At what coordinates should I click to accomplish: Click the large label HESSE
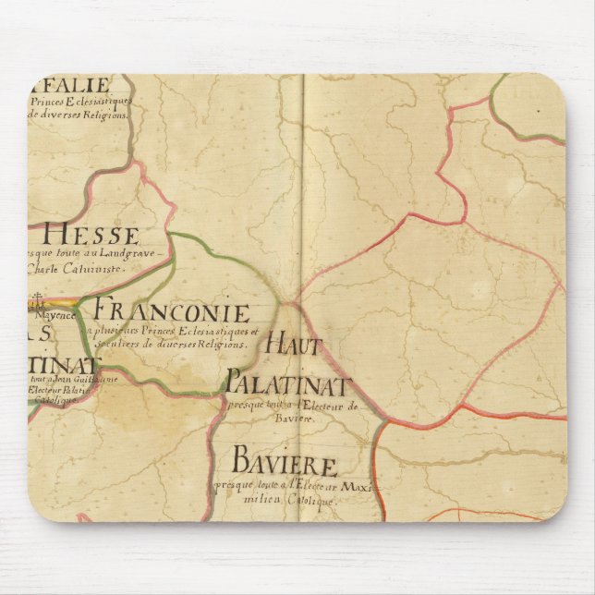click(x=84, y=236)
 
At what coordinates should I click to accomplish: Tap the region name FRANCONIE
click(x=172, y=310)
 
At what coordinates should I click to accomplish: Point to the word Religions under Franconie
click(x=228, y=344)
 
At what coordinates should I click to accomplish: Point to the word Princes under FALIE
click(x=52, y=101)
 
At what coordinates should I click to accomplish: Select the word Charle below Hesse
click(x=46, y=270)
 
